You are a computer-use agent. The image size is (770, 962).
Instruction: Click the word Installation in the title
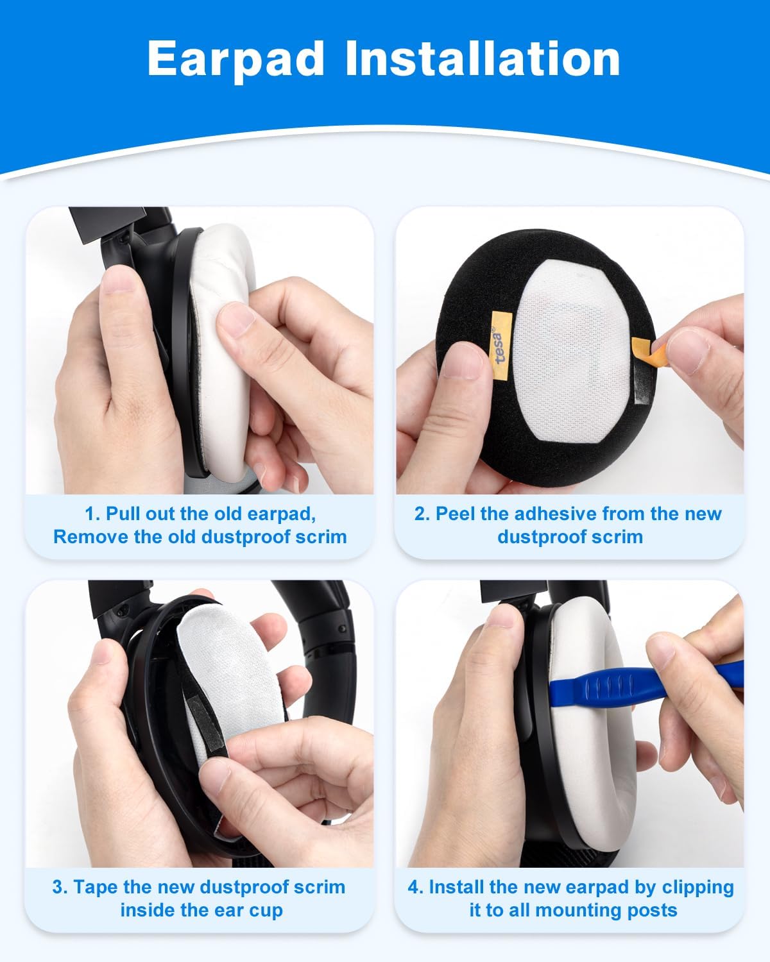pos(483,59)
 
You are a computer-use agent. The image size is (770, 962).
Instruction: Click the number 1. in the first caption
pos(92,514)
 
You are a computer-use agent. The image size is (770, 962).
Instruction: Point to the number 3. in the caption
pos(60,887)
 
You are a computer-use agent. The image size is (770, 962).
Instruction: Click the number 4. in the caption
pos(416,887)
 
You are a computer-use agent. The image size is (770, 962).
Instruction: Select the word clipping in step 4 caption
pos(697,887)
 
